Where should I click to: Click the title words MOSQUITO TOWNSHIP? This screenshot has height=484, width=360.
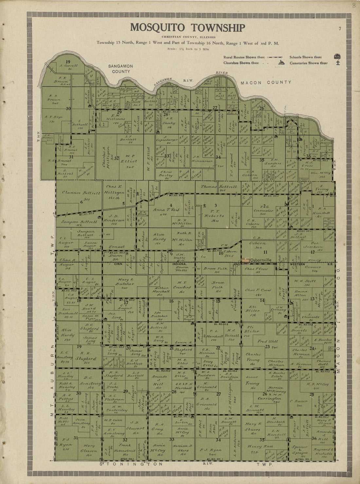[187, 27]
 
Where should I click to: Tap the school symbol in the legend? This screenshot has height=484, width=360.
[337, 57]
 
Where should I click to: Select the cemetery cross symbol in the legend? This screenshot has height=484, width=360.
[338, 62]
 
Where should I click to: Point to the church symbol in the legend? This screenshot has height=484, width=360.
[281, 62]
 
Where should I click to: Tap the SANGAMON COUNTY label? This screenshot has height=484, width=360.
[121, 69]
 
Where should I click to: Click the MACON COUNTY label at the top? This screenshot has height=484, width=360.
[266, 83]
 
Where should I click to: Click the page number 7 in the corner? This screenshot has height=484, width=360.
[340, 29]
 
